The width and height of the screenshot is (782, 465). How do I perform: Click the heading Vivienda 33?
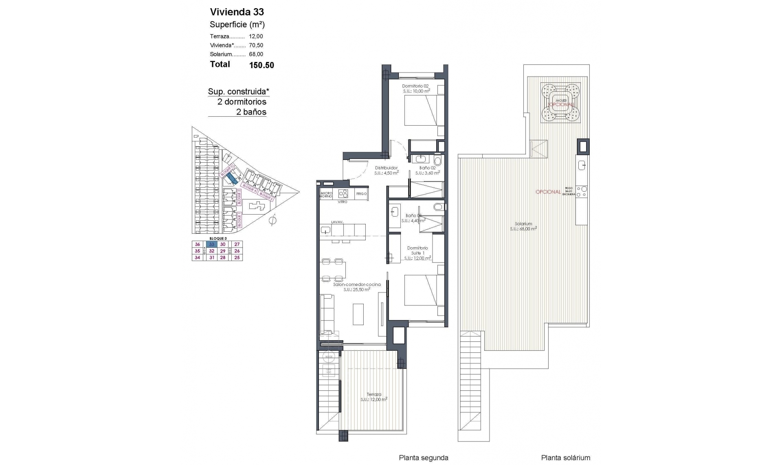[237, 12]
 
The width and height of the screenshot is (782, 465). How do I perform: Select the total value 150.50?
[261, 65]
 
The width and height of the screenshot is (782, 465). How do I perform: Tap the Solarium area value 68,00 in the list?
[256, 54]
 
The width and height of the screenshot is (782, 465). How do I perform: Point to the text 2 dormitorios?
[242, 102]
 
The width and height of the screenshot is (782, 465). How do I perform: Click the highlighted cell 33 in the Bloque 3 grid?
[211, 244]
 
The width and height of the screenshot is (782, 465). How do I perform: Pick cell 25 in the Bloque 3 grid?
[237, 257]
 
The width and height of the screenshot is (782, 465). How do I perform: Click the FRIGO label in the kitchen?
[361, 194]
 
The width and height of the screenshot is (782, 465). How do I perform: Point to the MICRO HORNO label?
[327, 195]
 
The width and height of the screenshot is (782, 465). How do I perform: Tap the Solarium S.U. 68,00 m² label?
[523, 226]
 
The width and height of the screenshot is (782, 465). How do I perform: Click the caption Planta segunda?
[423, 458]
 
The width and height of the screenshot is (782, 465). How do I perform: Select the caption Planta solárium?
[565, 458]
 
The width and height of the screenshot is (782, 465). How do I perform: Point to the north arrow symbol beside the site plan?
[273, 221]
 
